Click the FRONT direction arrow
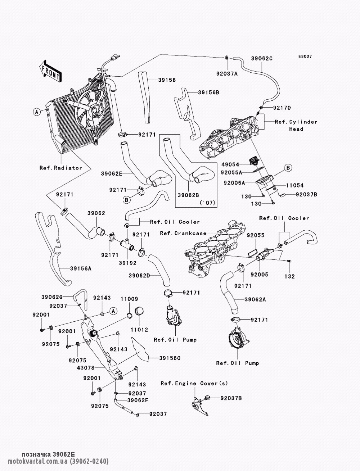pyautogui.click(x=50, y=71)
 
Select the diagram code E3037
pyautogui.click(x=305, y=56)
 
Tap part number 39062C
pyautogui.click(x=262, y=59)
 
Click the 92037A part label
pyautogui.click(x=227, y=74)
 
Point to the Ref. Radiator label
pyautogui.click(x=61, y=168)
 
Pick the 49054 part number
pyautogui.click(x=230, y=164)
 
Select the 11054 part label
pyautogui.click(x=295, y=185)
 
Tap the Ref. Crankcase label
pyautogui.click(x=183, y=233)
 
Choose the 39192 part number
pyautogui.click(x=128, y=263)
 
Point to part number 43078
pyautogui.click(x=86, y=368)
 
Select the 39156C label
pyautogui.click(x=170, y=358)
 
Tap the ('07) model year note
pyautogui.click(x=207, y=203)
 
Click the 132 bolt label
pyautogui.click(x=289, y=276)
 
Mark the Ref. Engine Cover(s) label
pyautogui.click(x=194, y=383)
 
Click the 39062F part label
pyautogui.click(x=138, y=400)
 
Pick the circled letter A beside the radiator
pyautogui.click(x=37, y=112)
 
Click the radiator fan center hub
pyautogui.click(x=94, y=111)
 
